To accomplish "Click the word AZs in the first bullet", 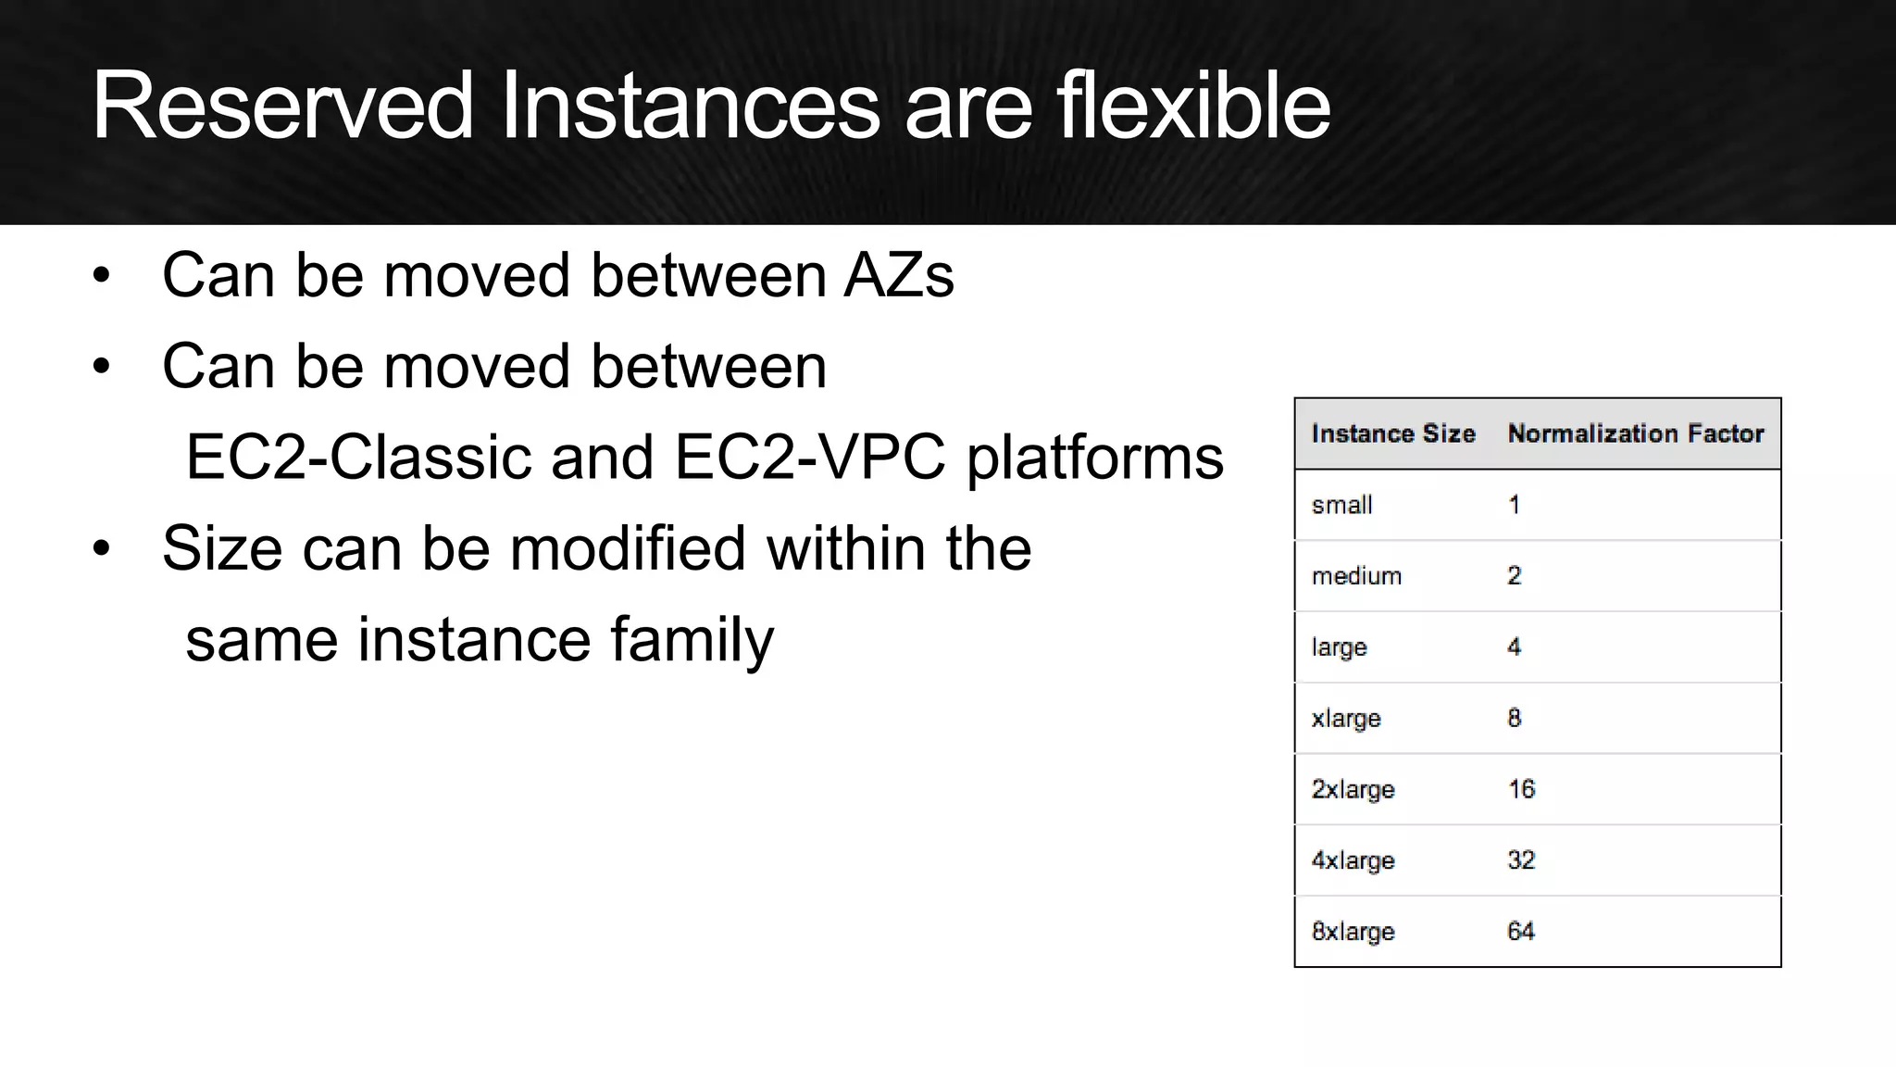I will [898, 275].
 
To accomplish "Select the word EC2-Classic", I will [358, 457].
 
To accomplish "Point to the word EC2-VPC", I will [809, 457].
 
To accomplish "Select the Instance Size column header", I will [1392, 433].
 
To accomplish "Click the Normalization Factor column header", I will [1635, 433].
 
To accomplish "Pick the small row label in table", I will [1341, 505].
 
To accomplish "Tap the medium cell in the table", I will [1356, 576].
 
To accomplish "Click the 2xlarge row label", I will [1353, 789].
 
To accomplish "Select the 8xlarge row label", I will [1353, 931].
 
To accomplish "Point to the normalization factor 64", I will [1520, 931].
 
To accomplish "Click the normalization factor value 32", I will [1520, 860].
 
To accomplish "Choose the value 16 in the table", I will [1521, 789].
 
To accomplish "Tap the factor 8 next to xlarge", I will [1514, 718].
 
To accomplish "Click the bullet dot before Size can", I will [101, 548].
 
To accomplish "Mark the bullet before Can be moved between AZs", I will [101, 276].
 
